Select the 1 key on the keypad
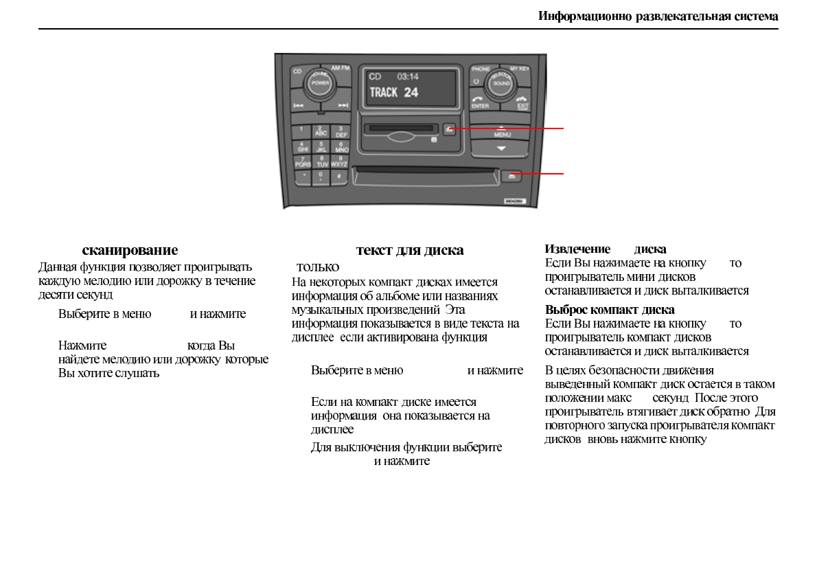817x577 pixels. click(302, 131)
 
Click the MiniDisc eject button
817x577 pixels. click(449, 128)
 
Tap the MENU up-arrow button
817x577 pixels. click(501, 131)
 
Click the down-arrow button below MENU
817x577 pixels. click(501, 148)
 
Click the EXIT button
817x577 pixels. click(523, 103)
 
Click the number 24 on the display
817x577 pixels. click(411, 92)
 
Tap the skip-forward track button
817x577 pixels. click(343, 105)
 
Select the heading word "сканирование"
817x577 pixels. click(130, 250)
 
